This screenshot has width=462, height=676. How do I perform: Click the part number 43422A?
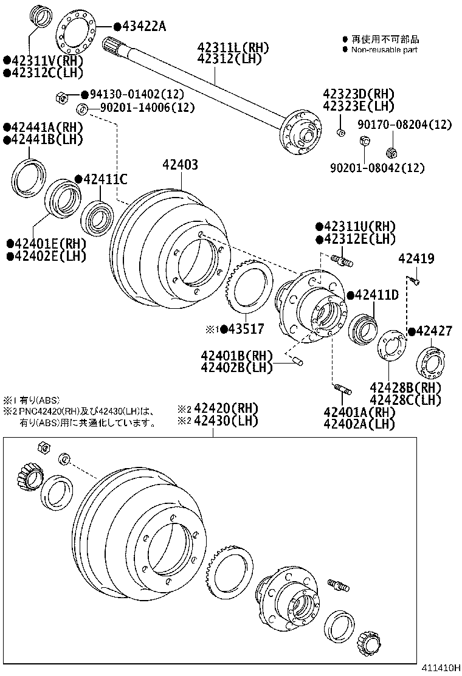click(x=144, y=26)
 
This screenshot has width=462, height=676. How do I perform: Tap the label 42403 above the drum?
click(x=180, y=165)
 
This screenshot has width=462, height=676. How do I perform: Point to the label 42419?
click(x=416, y=259)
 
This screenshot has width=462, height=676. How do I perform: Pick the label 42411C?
click(x=105, y=179)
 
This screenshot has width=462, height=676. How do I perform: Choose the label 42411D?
click(x=376, y=295)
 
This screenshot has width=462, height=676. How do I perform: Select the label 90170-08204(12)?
click(x=405, y=125)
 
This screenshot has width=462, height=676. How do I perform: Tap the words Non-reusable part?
click(x=384, y=50)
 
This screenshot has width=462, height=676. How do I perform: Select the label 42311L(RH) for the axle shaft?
click(x=232, y=47)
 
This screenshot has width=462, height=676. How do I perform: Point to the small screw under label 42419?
click(x=414, y=280)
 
